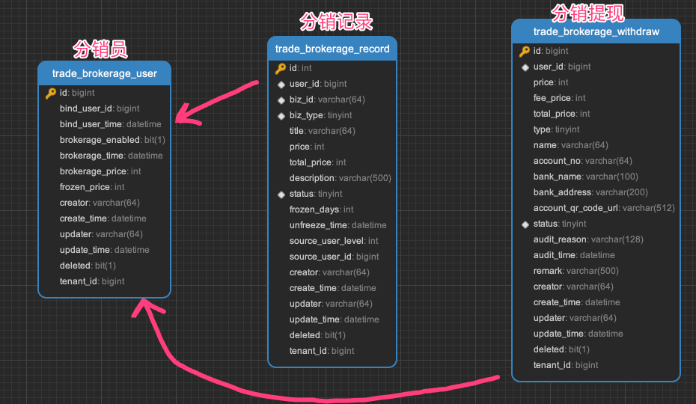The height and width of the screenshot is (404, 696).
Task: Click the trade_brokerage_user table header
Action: point(104,73)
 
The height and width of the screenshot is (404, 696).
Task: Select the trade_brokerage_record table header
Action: point(332,49)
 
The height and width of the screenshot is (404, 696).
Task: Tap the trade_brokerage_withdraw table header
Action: point(596,31)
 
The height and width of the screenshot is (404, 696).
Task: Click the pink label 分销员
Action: point(100,49)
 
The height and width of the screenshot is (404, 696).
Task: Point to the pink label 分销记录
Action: point(335,22)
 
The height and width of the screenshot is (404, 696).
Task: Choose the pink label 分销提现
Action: point(587,12)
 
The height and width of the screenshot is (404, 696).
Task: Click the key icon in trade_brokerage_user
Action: point(50,93)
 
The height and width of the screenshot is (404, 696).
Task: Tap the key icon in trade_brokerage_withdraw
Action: point(525,51)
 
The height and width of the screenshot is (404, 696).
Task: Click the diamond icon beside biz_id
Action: point(281,100)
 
